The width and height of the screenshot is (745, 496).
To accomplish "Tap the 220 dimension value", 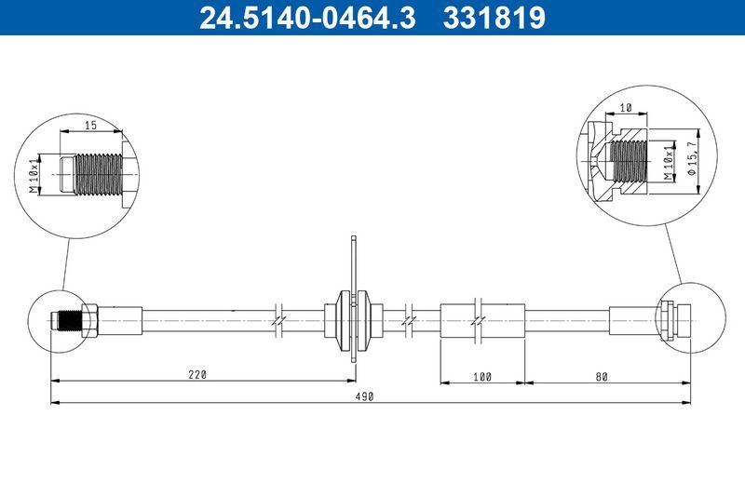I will coord(196,374).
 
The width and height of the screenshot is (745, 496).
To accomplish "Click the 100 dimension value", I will coord(482,375).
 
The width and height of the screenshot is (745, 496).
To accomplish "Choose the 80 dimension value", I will coord(601,375).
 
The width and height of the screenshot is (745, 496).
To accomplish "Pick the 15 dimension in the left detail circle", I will coord(90,124).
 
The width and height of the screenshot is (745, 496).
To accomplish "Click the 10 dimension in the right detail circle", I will coord(626,109).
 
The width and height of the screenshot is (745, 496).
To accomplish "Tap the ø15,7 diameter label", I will coord(691,161).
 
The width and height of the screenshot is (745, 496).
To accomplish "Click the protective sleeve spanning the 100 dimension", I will coord(482,319).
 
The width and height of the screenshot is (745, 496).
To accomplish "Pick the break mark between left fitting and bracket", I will coord(278,319).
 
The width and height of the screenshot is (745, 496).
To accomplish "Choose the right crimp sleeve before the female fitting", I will coord(633,319).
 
